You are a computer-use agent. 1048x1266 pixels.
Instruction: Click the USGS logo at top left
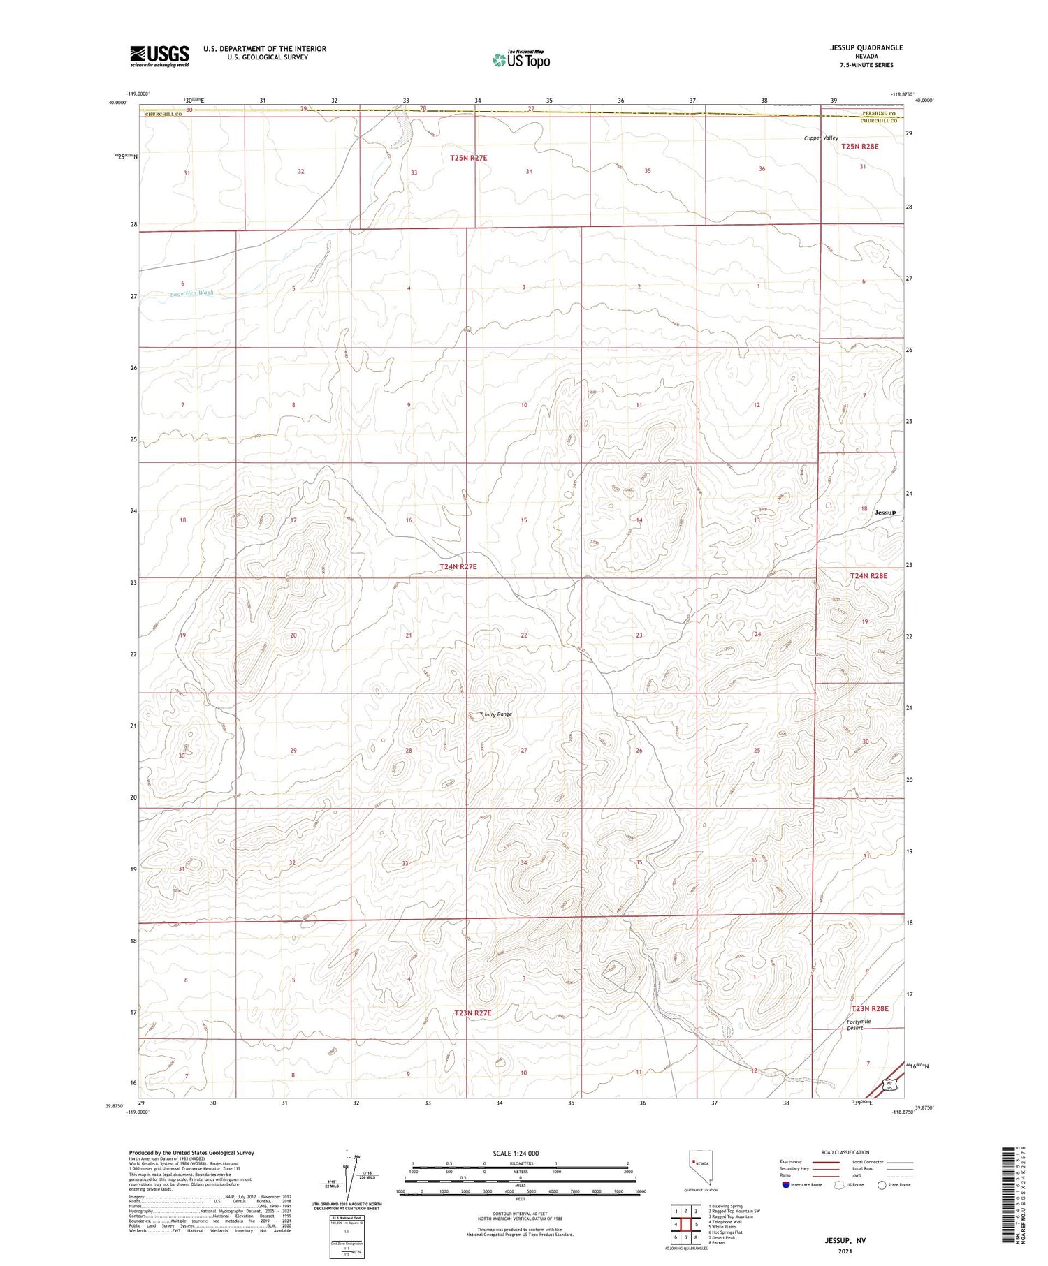159,56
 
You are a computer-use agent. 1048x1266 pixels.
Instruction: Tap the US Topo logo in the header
521,60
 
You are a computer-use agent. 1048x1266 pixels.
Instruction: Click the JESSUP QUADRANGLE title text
866,47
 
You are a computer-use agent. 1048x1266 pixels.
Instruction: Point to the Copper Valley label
821,138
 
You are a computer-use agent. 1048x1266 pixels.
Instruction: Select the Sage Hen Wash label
191,293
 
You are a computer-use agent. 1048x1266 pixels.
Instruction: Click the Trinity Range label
495,714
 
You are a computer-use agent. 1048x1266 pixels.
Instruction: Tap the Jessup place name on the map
885,513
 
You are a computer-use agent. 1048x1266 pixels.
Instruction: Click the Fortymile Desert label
859,1024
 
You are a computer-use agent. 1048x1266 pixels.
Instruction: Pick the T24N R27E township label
458,567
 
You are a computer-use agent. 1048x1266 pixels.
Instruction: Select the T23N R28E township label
869,1008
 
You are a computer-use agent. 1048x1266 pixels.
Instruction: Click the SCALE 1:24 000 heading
516,1154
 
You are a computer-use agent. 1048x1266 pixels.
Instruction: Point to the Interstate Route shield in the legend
786,1185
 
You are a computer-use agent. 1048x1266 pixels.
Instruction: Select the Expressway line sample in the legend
825,1162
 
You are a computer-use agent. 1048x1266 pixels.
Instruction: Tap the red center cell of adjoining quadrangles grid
686,1224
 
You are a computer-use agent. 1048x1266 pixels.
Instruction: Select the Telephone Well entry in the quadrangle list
727,1222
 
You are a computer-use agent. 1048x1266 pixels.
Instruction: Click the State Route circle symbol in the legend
882,1185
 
